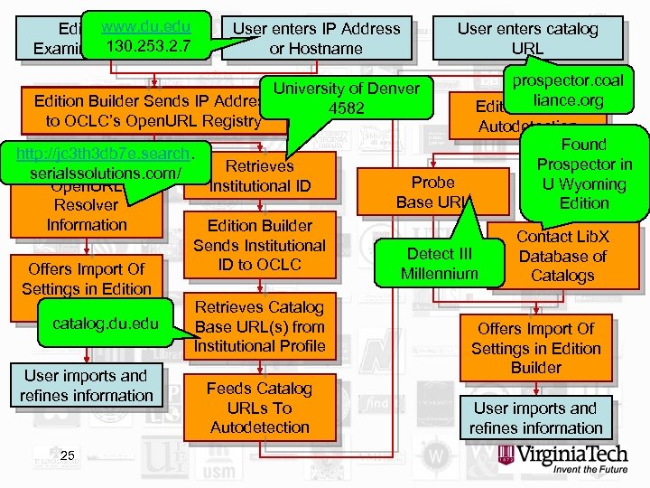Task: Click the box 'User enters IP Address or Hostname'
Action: [316, 38]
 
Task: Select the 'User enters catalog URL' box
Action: [527, 38]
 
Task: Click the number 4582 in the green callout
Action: [346, 108]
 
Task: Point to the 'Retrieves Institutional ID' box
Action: [259, 176]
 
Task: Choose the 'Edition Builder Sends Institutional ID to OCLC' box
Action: [259, 245]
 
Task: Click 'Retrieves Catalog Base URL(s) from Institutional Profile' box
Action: [259, 326]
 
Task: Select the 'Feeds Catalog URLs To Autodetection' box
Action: [259, 408]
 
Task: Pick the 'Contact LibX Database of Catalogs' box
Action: [562, 256]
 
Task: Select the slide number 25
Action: [68, 455]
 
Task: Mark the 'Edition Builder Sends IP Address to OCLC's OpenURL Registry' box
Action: [144, 109]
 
